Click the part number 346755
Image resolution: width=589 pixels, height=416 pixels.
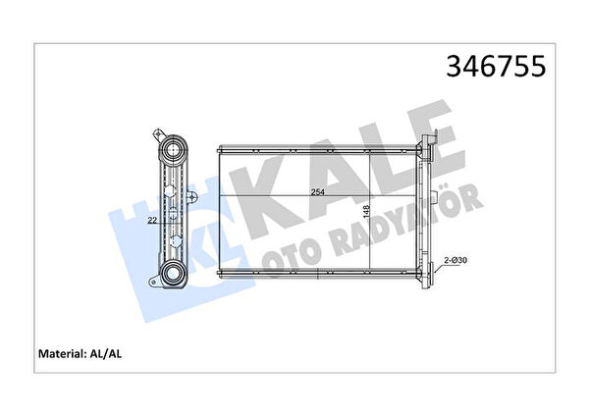tap(496, 66)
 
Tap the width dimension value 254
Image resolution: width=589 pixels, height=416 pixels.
tap(317, 192)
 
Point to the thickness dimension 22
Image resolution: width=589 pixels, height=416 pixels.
tap(152, 221)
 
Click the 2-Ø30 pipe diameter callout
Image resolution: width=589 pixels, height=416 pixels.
tap(455, 260)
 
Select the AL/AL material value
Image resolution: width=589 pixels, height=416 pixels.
tap(105, 353)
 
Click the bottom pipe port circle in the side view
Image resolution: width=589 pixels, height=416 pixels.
tap(173, 272)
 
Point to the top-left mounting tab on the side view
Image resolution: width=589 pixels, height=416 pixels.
tap(157, 134)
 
